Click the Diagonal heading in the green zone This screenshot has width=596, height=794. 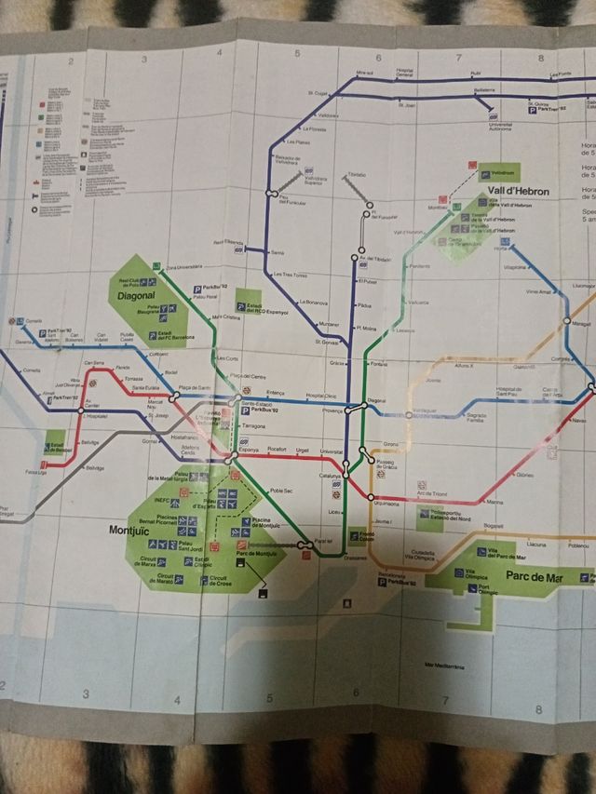click(x=135, y=296)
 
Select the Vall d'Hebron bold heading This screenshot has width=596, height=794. click(x=518, y=191)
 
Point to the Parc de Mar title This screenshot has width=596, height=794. click(x=535, y=577)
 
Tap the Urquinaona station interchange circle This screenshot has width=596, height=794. click(x=372, y=496)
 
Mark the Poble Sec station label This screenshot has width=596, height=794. click(x=280, y=491)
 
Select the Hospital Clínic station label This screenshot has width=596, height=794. click(x=321, y=397)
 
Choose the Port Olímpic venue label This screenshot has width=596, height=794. click(x=489, y=591)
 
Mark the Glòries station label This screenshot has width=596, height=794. click(x=523, y=475)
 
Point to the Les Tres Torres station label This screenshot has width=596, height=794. click(x=290, y=276)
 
